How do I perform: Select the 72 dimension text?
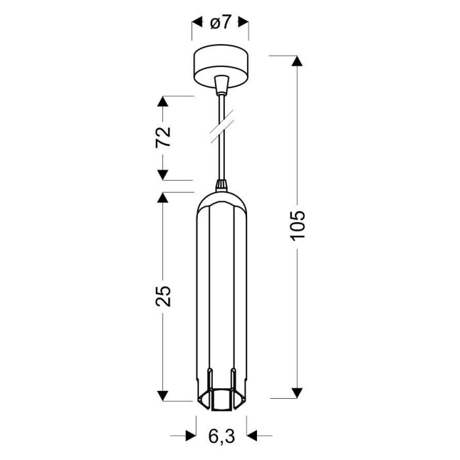[163, 137]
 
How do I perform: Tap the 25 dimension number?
[163, 296]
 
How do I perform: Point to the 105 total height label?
[298, 225]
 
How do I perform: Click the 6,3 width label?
[221, 436]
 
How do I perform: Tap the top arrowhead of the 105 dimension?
[298, 60]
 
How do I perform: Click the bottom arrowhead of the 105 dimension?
[298, 393]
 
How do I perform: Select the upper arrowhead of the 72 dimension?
[162, 101]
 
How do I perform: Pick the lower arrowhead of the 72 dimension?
[162, 175]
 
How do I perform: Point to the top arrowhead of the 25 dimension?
[162, 197]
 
